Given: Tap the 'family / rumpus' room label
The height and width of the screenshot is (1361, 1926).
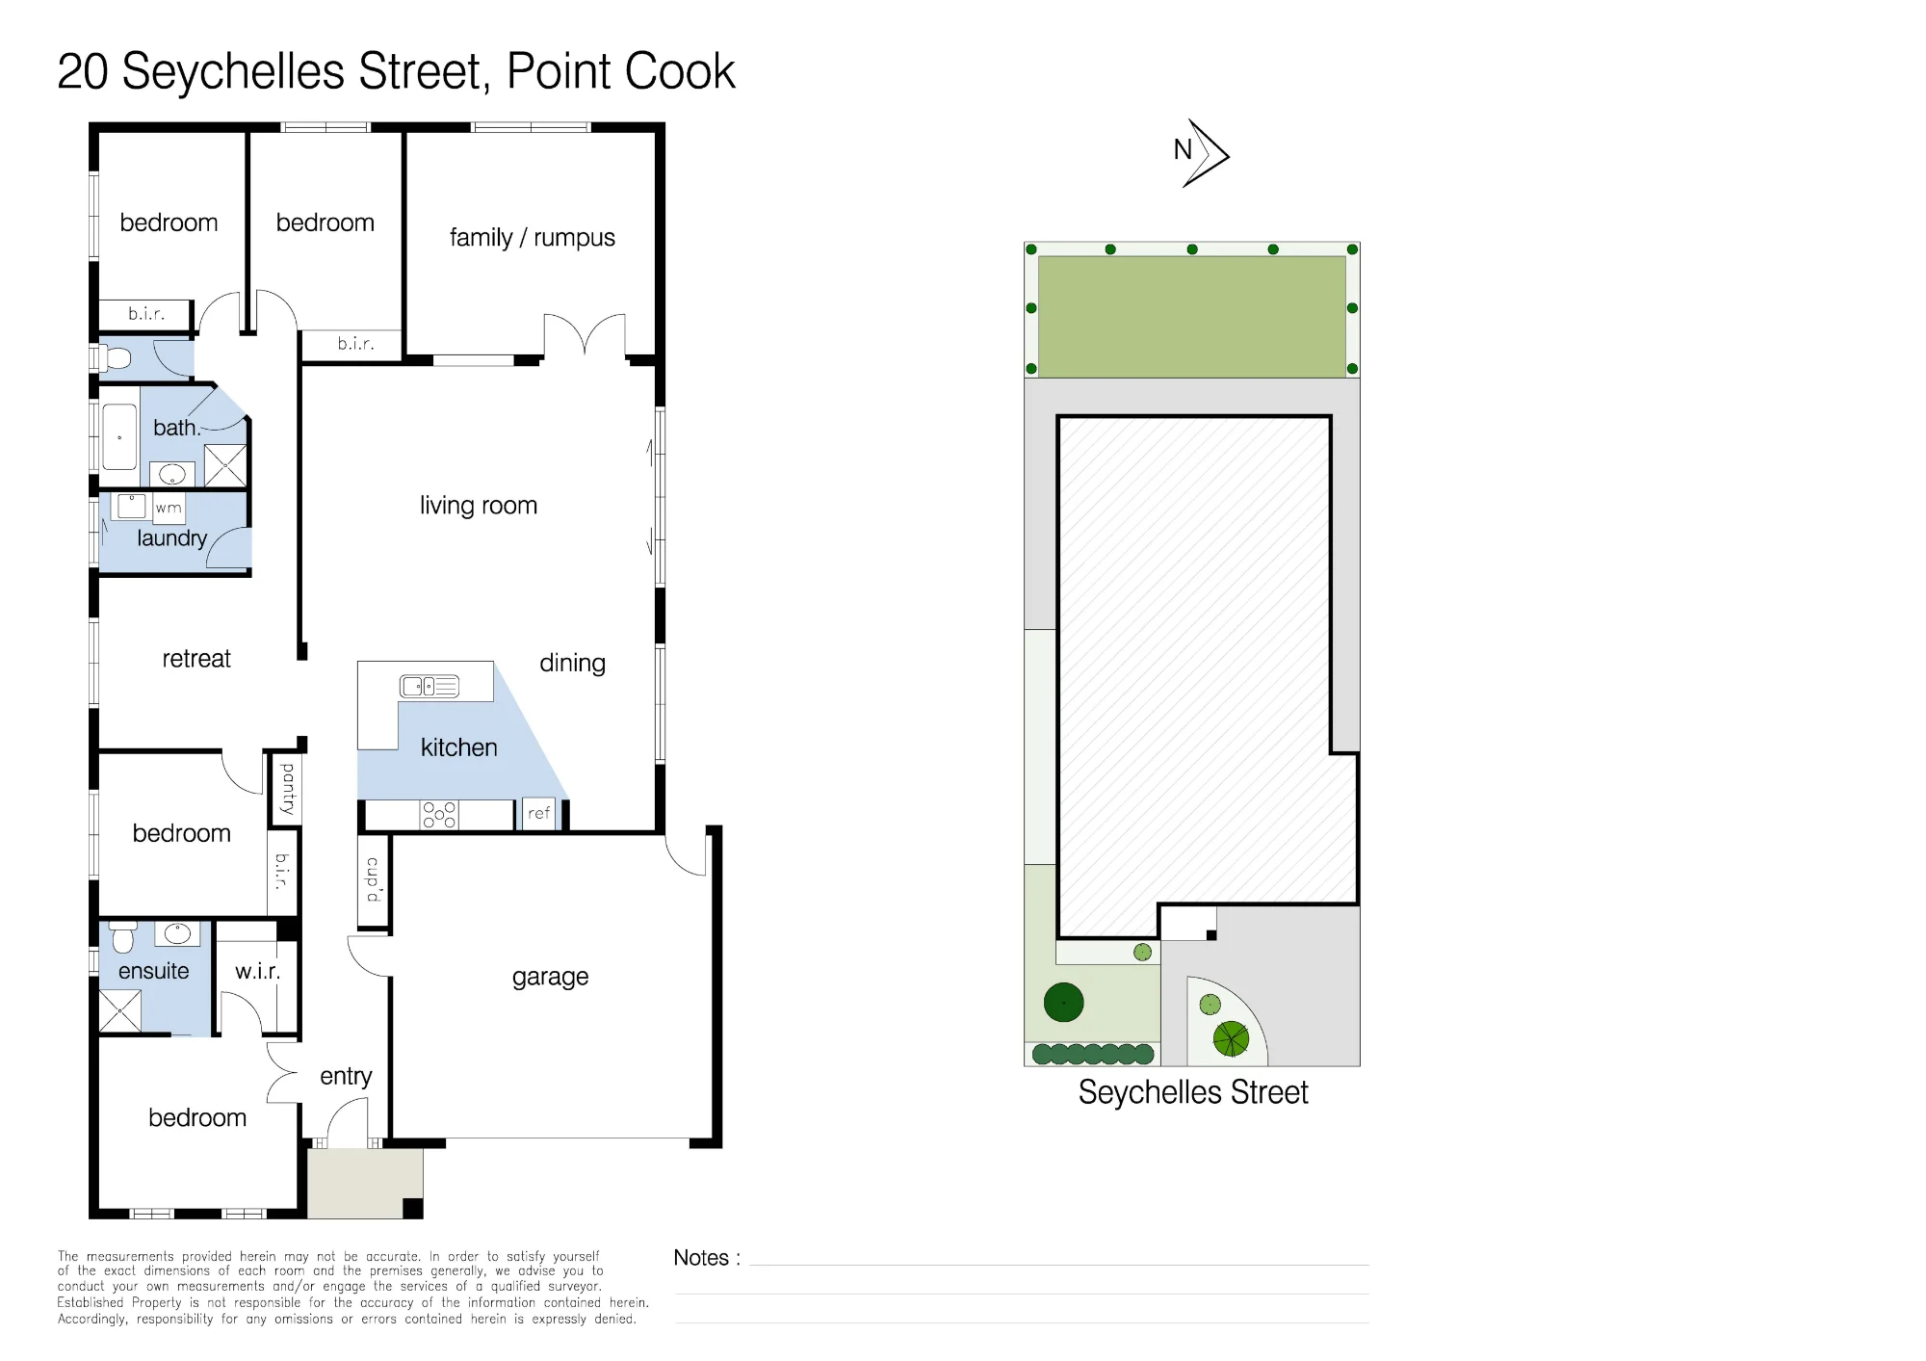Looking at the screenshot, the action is pyautogui.click(x=532, y=237).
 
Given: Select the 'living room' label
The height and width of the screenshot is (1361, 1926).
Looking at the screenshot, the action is pyautogui.click(x=478, y=505).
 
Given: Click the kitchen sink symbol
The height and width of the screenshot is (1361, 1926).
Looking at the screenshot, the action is pyautogui.click(x=429, y=686).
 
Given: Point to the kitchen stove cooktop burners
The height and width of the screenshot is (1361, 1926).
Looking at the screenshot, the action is pyautogui.click(x=439, y=815).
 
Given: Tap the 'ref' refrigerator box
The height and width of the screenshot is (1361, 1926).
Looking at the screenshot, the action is pyautogui.click(x=539, y=814).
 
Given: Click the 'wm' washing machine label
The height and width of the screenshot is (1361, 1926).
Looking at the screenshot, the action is pyautogui.click(x=169, y=508).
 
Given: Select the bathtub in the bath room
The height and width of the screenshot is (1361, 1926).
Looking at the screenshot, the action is pyautogui.click(x=119, y=437).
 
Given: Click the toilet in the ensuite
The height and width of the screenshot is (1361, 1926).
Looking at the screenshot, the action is pyautogui.click(x=123, y=936).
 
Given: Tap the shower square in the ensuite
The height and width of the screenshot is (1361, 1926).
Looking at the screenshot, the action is pyautogui.click(x=120, y=1011).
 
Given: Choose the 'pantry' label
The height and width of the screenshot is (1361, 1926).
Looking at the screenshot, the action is pyautogui.click(x=287, y=790).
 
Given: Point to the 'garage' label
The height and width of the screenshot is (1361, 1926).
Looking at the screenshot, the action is pyautogui.click(x=550, y=977).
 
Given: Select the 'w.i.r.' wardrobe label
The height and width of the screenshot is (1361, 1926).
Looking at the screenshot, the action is pyautogui.click(x=258, y=971).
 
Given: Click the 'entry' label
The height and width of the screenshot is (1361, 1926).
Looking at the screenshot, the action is pyautogui.click(x=346, y=1077).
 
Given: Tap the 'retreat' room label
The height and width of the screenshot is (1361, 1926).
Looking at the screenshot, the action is pyautogui.click(x=196, y=659).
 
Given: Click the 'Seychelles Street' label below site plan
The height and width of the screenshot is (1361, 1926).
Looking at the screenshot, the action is pyautogui.click(x=1193, y=1092).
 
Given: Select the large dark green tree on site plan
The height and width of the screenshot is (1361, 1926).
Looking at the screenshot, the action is pyautogui.click(x=1064, y=1003).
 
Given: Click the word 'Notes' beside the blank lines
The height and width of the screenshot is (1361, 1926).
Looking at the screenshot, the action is pyautogui.click(x=701, y=1258).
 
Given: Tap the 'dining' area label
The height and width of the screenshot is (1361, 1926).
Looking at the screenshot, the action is pyautogui.click(x=572, y=663).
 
